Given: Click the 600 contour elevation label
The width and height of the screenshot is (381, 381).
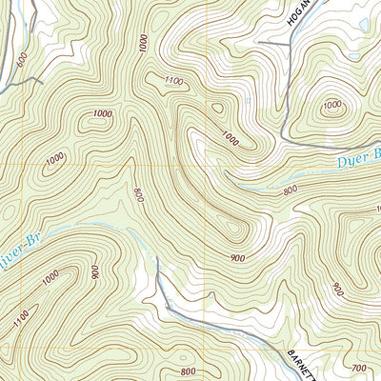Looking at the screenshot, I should tap(22, 58).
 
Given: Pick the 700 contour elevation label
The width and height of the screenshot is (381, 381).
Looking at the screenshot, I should tap(357, 367).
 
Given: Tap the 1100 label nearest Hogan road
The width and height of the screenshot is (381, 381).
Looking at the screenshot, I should tap(173, 81).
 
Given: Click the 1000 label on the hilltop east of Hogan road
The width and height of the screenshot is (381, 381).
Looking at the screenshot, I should tap(334, 105).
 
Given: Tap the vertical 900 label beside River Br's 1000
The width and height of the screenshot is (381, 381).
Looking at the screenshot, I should tap(94, 272).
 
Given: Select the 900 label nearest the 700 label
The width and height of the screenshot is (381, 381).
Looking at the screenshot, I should tap(338, 287).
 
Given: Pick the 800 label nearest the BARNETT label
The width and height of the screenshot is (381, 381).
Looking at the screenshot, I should tap(189, 371).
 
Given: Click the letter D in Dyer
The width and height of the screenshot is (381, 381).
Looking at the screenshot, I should tap(342, 165).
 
